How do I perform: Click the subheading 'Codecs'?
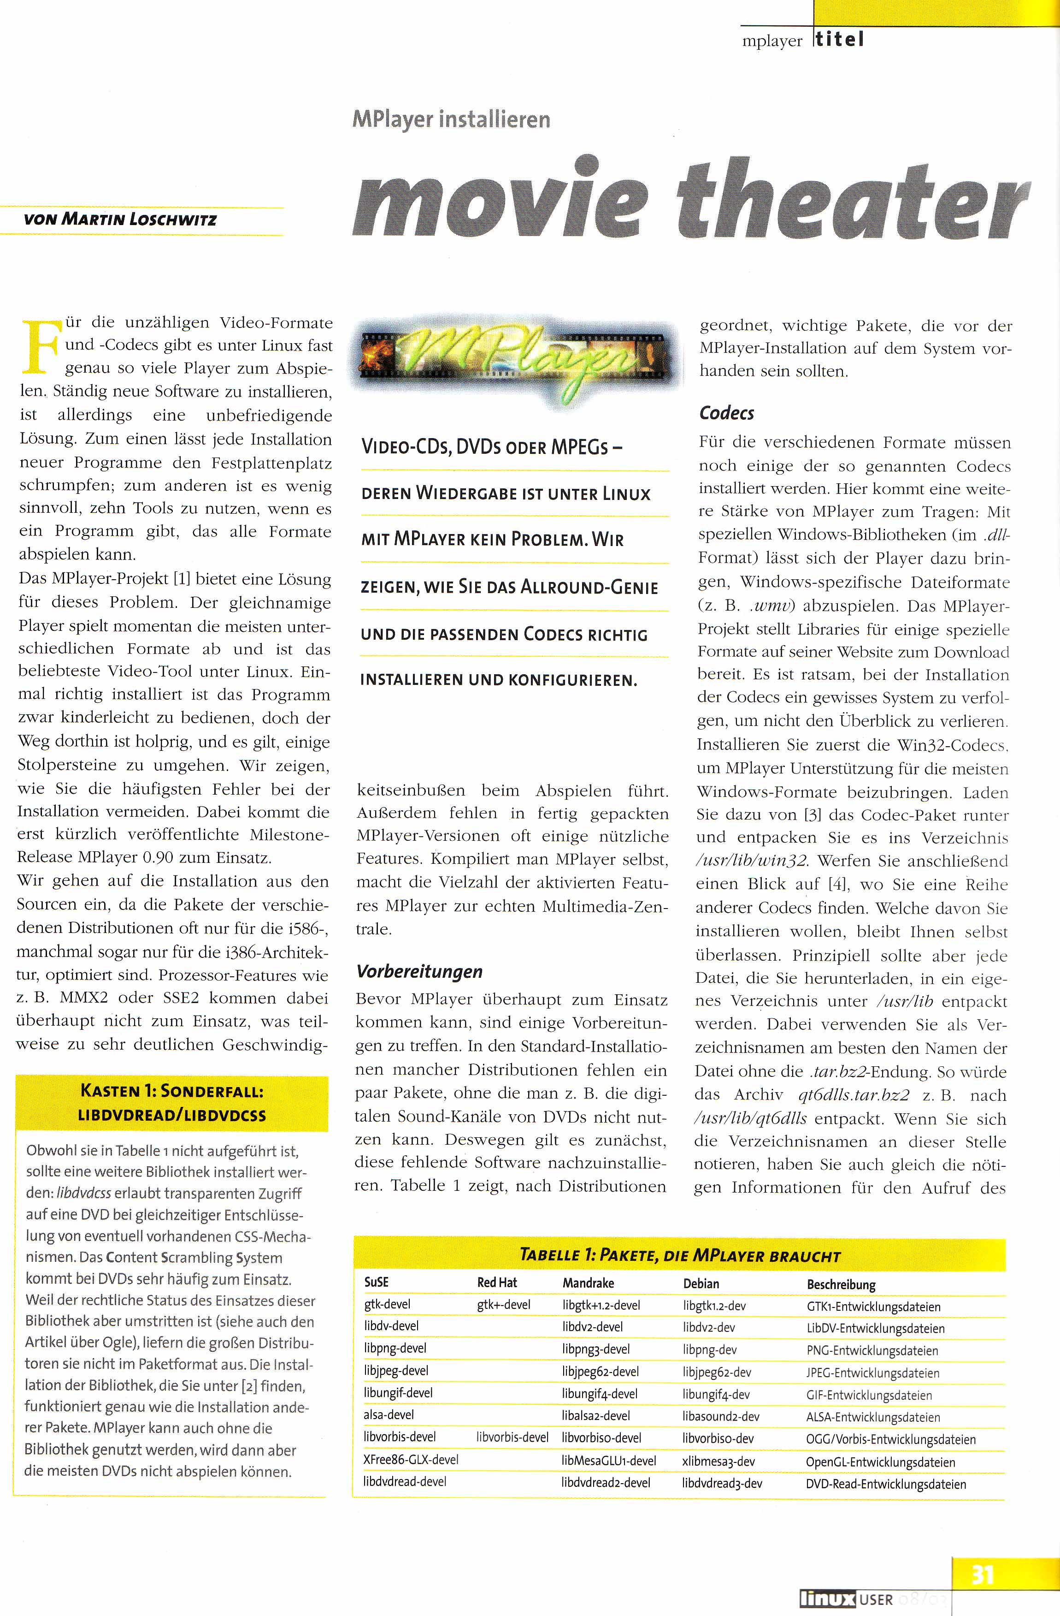(x=726, y=413)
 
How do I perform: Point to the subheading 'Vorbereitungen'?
(x=419, y=972)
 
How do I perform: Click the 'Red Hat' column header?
(x=497, y=1282)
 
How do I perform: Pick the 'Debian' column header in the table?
(x=701, y=1283)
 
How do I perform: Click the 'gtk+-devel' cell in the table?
(x=504, y=1304)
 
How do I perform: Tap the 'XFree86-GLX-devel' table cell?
(x=411, y=1458)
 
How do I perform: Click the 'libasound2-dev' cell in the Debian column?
(x=721, y=1416)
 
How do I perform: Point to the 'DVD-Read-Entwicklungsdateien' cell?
(x=886, y=1484)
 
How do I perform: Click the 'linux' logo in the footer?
(x=827, y=1598)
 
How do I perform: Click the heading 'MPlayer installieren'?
(x=451, y=119)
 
